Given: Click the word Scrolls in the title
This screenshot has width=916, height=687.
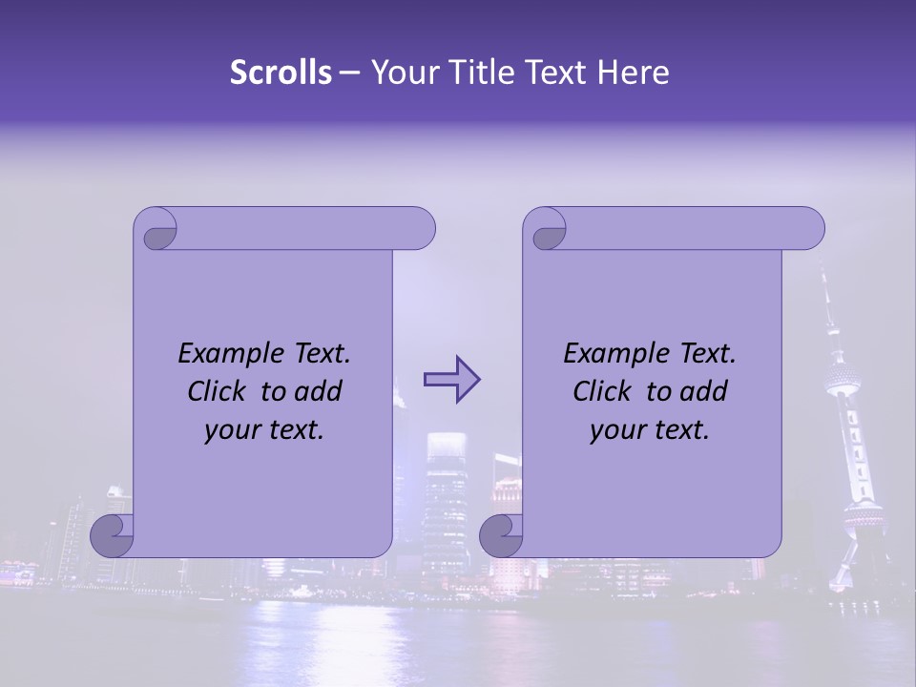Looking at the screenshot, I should click(281, 73).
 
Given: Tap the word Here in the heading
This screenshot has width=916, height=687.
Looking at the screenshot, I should click(633, 73).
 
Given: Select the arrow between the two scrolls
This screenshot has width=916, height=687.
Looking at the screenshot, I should click(451, 380).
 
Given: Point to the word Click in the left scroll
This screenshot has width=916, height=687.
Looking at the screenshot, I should click(219, 391).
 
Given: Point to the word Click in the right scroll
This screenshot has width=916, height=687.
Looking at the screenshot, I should click(605, 391).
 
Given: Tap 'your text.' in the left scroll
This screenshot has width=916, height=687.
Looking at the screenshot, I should click(264, 430).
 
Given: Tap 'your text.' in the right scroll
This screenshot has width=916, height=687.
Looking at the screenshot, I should click(650, 430).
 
